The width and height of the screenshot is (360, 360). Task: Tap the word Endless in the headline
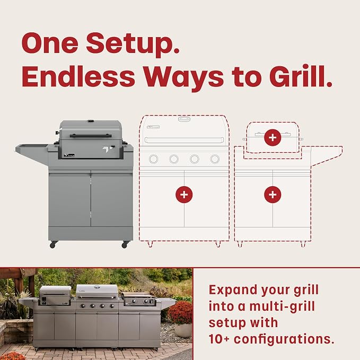click(x=78, y=76)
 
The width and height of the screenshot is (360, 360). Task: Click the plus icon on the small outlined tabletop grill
click(x=273, y=137)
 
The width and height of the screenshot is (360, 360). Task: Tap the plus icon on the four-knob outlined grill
click(x=184, y=195)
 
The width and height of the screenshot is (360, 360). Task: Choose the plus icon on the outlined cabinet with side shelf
click(x=273, y=195)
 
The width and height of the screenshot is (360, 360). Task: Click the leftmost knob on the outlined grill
click(x=153, y=159)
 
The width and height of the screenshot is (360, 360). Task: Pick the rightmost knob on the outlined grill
click(x=215, y=159)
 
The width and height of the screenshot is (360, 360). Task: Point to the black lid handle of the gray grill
click(x=91, y=136)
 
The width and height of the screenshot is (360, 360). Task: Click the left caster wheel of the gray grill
click(x=53, y=245)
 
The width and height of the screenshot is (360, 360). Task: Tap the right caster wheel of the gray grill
click(x=125, y=245)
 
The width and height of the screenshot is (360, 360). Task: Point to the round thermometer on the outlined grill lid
click(x=184, y=119)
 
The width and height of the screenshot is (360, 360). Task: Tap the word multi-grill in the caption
click(x=282, y=307)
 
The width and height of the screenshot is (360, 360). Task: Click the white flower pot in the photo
click(x=183, y=330)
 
